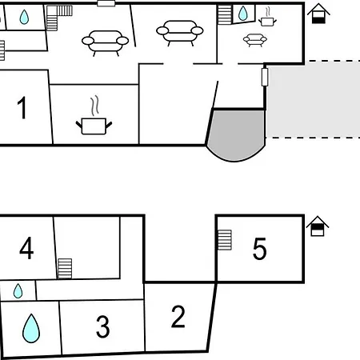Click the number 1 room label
22,107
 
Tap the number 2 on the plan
178,317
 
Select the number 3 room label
102,326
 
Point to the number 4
26,248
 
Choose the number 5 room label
259,249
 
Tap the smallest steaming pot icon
267,17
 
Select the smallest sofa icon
255,40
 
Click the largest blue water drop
31,328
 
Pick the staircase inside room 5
225,240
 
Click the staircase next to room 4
65,269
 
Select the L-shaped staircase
57,16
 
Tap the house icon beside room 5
318,226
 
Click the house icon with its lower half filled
318,14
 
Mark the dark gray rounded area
236,134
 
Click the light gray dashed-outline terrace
313,99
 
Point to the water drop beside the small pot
242,14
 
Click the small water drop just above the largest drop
18,290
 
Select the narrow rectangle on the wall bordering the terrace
265,77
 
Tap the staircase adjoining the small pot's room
225,15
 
